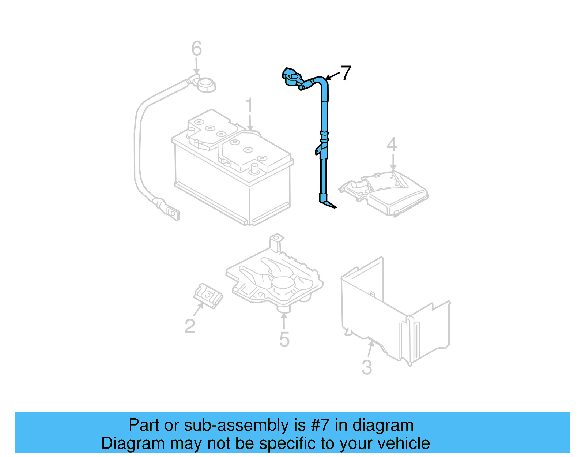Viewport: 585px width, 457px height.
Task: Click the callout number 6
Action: point(197,49)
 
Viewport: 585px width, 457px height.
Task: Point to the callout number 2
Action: point(190,326)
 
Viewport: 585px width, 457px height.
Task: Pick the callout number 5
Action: point(284,339)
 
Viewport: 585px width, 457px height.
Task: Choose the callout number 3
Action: point(367,367)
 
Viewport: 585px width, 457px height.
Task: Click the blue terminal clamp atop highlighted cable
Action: point(292,77)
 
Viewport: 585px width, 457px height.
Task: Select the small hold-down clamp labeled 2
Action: point(208,295)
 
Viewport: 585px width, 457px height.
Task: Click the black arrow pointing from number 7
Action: point(332,76)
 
